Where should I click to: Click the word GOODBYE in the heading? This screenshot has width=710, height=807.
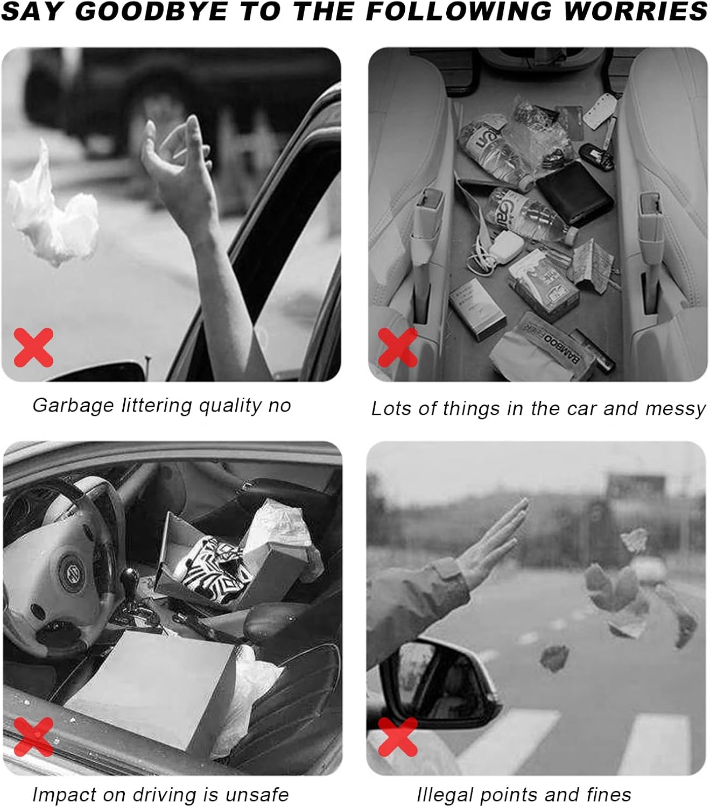tap(151, 11)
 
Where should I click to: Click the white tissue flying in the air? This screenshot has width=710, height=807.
tap(52, 207)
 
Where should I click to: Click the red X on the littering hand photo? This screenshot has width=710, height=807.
tap(33, 348)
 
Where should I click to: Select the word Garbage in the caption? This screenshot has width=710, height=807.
tap(73, 406)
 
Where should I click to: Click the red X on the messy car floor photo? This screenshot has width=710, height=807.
tap(398, 348)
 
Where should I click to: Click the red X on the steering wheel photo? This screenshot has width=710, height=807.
tap(33, 737)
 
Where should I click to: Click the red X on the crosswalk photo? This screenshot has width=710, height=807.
tap(398, 737)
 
